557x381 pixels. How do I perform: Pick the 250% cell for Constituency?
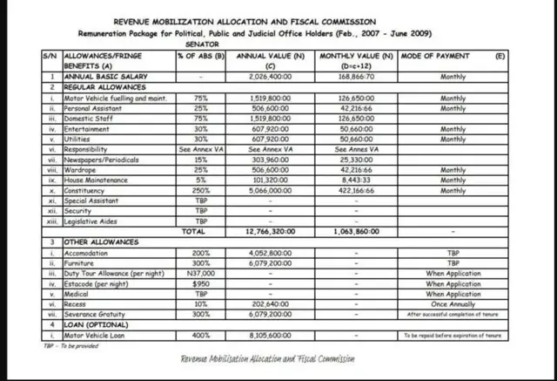click(x=201, y=189)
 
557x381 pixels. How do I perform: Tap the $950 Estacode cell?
click(x=201, y=283)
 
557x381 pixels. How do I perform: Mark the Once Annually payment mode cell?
click(x=453, y=304)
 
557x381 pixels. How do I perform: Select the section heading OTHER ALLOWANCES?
click(x=101, y=242)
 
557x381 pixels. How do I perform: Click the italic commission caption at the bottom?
click(x=268, y=359)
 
